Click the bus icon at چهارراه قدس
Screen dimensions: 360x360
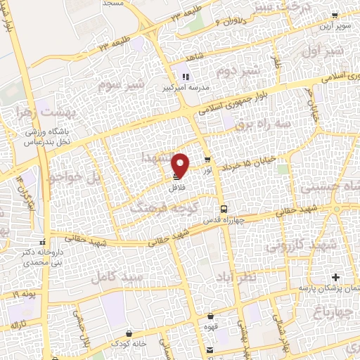224,209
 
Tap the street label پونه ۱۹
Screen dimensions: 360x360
23,291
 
